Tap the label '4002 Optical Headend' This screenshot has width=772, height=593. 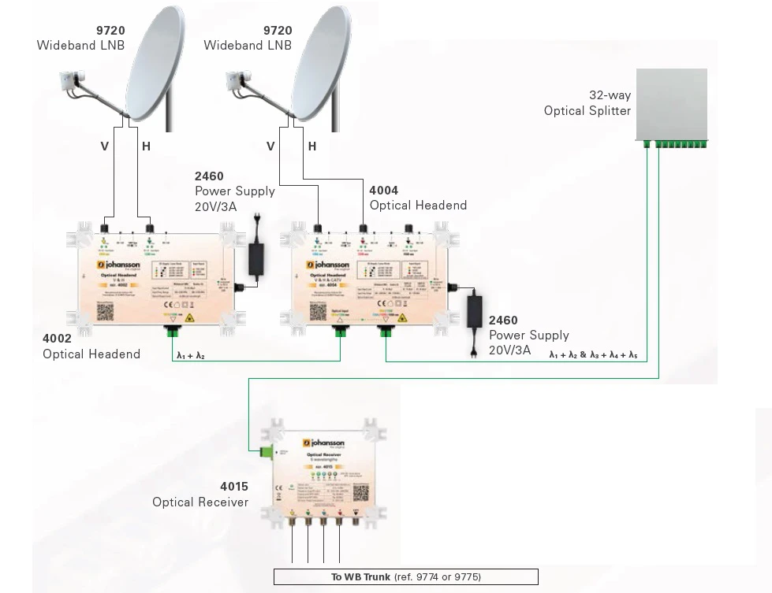pos(91,347)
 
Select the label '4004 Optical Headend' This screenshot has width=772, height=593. pos(418,198)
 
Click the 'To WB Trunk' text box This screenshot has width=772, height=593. pos(405,577)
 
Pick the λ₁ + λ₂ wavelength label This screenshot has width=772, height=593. pos(191,356)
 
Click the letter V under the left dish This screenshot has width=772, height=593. pos(104,146)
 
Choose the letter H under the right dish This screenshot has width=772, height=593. pos(312,146)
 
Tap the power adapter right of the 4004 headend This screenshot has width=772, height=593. pos(476,309)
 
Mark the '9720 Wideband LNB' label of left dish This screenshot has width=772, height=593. pos(80,38)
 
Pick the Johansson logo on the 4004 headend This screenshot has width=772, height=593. pos(331,265)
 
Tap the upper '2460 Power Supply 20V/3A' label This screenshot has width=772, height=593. pos(235,191)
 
